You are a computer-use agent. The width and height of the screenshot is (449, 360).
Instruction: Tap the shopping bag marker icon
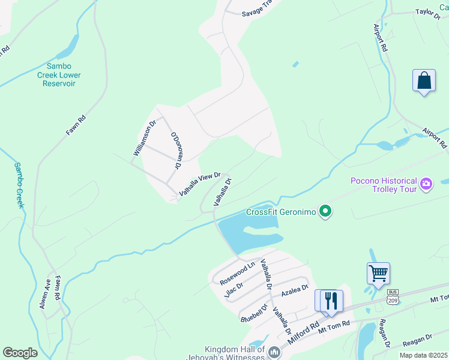[x=424, y=81]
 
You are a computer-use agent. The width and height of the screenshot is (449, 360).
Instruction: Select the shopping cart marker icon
[x=378, y=274]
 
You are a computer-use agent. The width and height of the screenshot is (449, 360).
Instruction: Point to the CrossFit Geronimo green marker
[x=325, y=211]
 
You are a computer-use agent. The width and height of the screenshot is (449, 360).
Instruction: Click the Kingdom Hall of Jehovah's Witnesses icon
[x=274, y=352]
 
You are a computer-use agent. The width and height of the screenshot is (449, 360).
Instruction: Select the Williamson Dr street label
[x=145, y=137]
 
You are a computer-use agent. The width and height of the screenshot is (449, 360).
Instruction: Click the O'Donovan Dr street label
[x=176, y=149]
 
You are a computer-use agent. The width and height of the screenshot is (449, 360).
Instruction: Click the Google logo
[x=20, y=353]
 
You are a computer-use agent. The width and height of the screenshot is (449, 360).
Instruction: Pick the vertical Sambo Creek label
[x=19, y=185]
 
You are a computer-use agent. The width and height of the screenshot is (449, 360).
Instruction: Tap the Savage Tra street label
[x=258, y=13]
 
